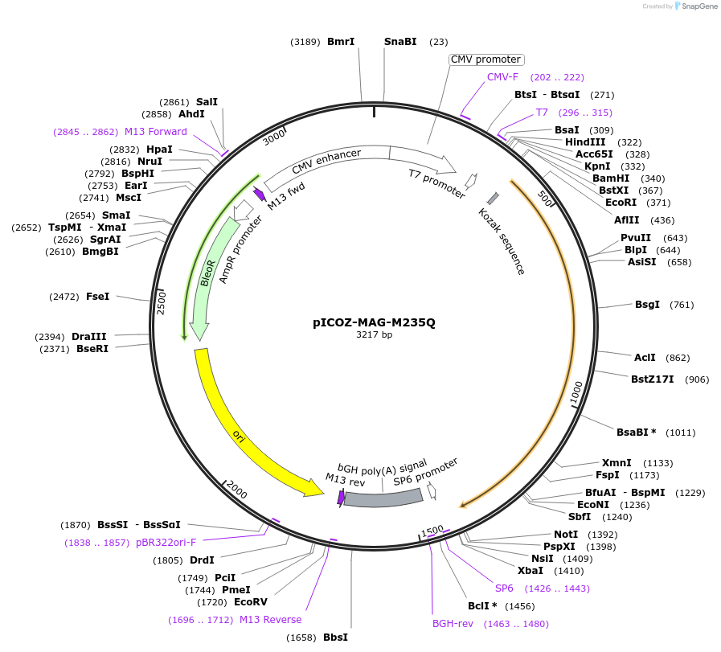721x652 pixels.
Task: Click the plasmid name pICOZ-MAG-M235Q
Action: tap(374, 322)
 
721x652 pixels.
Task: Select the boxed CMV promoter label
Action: tap(485, 59)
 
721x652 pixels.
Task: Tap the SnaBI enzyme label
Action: tap(400, 42)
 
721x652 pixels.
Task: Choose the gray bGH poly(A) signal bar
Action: tap(383, 498)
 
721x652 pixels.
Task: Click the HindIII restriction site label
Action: tap(585, 142)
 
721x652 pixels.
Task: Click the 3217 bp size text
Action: tap(374, 335)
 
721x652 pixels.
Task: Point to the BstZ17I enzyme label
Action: tap(653, 379)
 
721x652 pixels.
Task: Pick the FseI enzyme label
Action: tap(97, 297)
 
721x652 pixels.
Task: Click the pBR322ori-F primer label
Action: tap(166, 543)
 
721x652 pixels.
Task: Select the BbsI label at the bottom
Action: tap(335, 638)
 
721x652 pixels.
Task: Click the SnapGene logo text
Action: tap(696, 6)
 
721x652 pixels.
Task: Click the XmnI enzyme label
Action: tap(617, 463)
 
